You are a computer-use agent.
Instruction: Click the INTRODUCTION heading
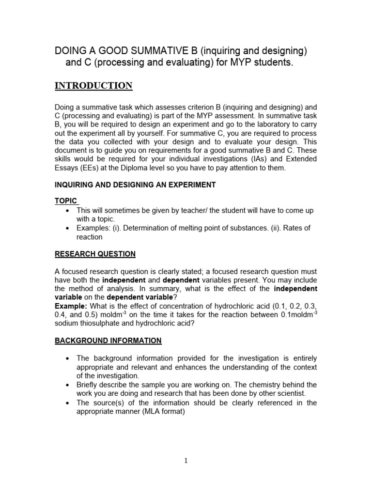pos(93,86)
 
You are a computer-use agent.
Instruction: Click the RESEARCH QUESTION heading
pos(95,254)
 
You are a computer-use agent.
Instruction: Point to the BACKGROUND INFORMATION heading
pos(108,341)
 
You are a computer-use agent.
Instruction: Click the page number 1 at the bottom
pos(186,461)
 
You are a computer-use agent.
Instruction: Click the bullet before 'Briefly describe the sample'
pos(66,385)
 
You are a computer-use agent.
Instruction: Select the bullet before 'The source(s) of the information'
pos(66,403)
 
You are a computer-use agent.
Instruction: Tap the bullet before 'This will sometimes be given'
pos(66,211)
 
